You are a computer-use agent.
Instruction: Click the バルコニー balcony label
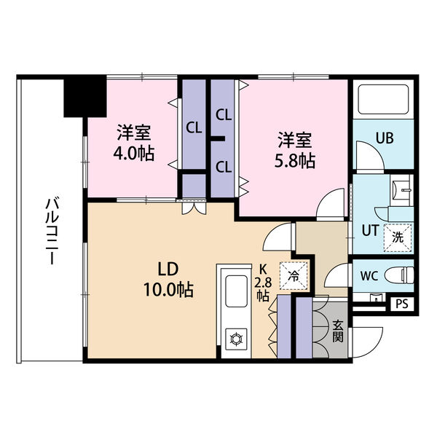[50, 231]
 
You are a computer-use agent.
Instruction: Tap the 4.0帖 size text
[134, 154]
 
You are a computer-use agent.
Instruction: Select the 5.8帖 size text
[295, 161]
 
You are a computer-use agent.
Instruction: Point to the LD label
[168, 269]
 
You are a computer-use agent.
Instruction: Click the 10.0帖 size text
[168, 290]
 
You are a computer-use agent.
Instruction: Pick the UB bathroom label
[385, 138]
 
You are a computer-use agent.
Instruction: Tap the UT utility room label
[370, 231]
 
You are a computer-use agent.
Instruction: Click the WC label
[369, 276]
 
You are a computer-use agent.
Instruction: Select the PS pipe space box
[401, 304]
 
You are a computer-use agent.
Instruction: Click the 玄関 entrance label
[338, 331]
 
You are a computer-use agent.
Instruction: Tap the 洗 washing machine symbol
[398, 237]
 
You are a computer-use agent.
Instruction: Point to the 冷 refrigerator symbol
[294, 276]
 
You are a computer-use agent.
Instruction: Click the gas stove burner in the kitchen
[236, 339]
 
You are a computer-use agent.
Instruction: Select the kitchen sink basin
[236, 291]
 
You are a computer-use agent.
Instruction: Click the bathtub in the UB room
[383, 100]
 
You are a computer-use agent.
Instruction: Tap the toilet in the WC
[399, 275]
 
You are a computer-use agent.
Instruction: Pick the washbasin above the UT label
[401, 190]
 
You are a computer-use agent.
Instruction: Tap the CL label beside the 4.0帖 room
[194, 128]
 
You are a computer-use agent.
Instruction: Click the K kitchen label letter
[263, 269]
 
